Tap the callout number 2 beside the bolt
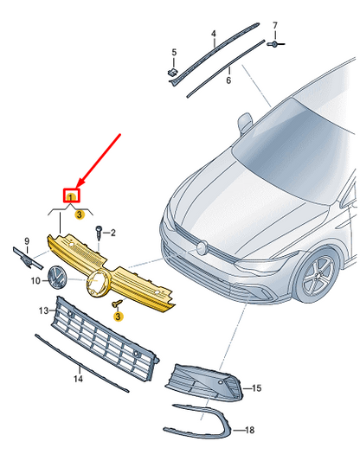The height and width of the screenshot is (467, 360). pos(112,232)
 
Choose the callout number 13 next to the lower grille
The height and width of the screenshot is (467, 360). pos(42,309)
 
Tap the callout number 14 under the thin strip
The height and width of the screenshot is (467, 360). pos(77,379)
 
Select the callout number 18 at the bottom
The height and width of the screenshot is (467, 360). pos(250,430)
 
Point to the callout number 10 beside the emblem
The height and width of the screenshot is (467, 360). pos(35,281)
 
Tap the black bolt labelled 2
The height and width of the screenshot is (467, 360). pos(100,232)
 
